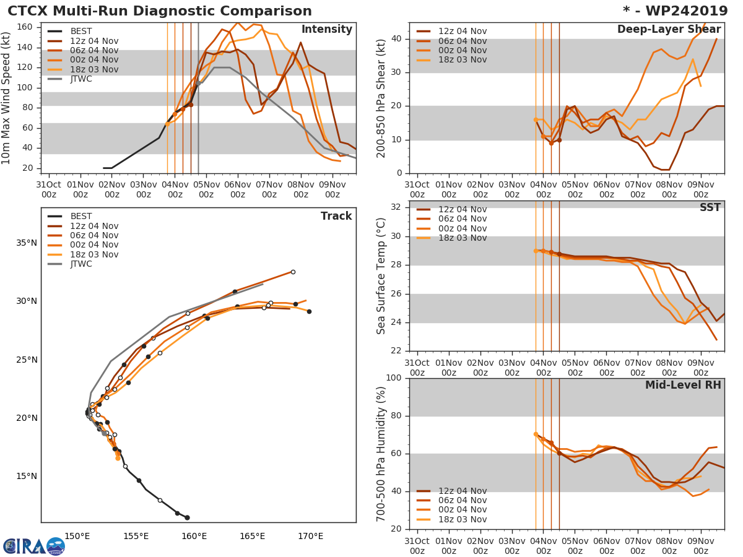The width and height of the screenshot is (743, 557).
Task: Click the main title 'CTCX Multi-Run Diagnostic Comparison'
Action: pos(160,11)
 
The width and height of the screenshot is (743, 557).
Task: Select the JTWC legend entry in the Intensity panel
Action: pos(80,79)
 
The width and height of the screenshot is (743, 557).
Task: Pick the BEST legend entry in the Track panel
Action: pos(80,217)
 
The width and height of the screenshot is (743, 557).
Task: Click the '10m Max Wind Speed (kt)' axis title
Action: pos(7,98)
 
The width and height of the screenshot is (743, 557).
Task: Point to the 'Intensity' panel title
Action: pos(326,30)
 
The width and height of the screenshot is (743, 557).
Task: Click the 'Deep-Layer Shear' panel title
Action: pos(669,30)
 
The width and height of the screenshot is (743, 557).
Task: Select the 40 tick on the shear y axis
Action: pos(396,39)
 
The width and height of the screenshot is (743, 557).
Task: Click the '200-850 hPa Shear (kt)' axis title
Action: pos(382,98)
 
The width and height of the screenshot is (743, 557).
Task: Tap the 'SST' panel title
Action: pos(710,208)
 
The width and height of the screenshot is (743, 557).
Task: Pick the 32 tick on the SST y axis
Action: pos(396,207)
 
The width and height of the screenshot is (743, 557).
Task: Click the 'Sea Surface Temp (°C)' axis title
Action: pos(382,276)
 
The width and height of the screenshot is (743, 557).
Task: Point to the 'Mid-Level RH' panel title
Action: pos(683,386)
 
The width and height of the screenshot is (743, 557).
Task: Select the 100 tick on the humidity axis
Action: pos(393,378)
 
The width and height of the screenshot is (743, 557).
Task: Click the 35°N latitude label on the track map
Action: pos(27,243)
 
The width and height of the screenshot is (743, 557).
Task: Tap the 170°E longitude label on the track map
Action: pos(310,536)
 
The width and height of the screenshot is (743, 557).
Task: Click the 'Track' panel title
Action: pos(336,217)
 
